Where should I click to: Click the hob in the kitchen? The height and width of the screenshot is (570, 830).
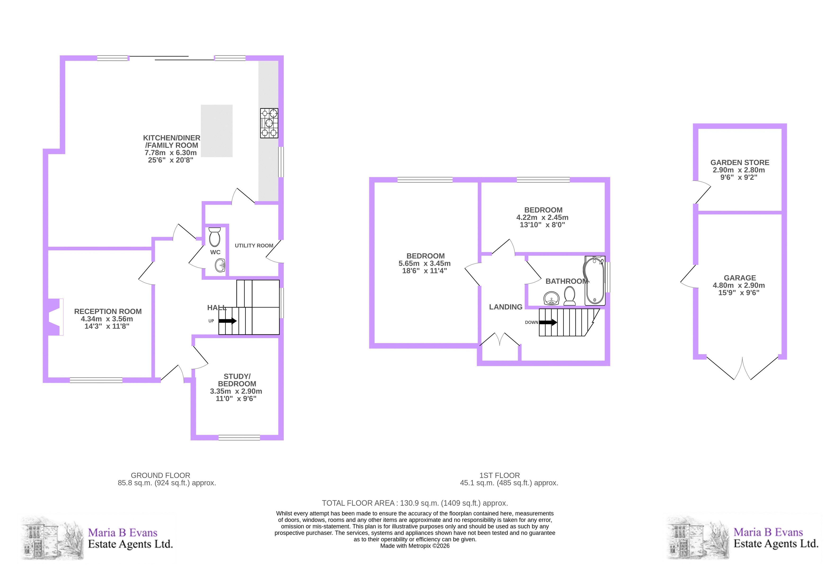269,123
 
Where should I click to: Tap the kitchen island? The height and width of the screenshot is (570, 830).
217,131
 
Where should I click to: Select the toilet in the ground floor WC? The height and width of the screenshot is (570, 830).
215,237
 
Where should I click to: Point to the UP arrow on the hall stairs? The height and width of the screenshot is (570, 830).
227,321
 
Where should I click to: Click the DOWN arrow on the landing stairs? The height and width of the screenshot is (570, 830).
548,322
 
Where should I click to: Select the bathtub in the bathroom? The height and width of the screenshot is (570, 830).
595,281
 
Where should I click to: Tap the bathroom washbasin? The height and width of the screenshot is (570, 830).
552,298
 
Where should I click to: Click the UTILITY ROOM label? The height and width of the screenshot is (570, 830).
254,246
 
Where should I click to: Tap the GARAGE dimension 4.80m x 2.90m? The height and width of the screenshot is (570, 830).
739,285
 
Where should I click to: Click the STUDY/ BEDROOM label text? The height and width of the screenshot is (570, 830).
237,380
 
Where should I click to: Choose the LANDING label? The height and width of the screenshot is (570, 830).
506,307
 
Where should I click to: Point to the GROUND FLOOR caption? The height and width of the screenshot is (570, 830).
160,475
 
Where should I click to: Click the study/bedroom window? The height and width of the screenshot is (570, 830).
239,437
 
